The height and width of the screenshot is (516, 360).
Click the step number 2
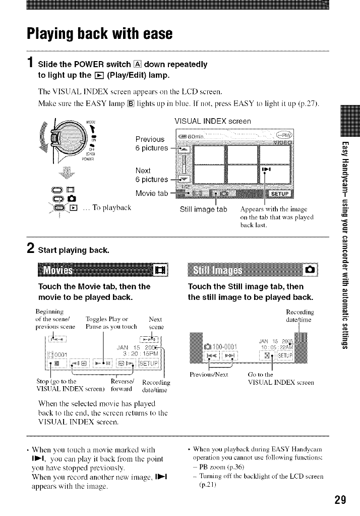pos(31,248)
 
